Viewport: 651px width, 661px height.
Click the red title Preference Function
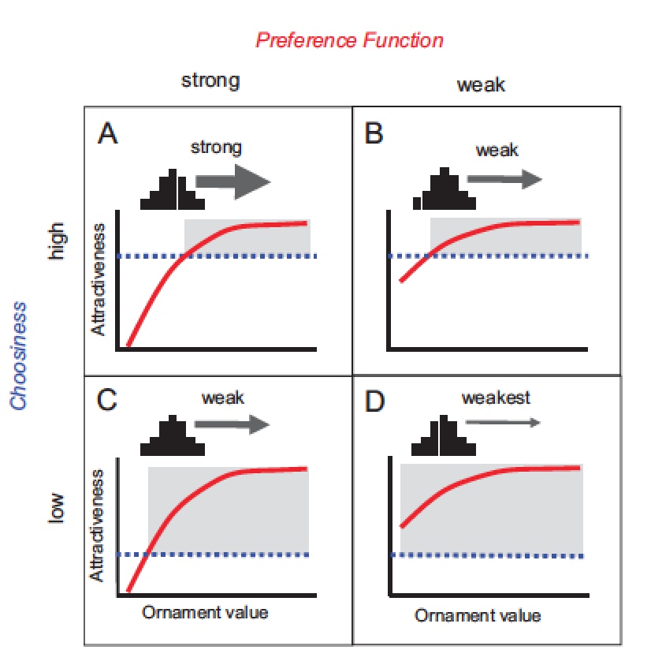(349, 40)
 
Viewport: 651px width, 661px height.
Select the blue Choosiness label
(19, 356)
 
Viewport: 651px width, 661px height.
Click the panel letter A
(108, 133)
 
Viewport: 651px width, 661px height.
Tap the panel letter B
(374, 133)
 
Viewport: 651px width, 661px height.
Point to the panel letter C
(106, 400)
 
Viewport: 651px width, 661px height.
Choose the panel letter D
(374, 401)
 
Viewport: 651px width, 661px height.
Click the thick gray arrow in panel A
(232, 181)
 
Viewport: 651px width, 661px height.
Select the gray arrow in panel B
(504, 179)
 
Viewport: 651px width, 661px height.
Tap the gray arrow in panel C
(232, 424)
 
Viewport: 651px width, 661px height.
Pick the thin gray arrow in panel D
(503, 422)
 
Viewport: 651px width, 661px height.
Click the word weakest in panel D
(496, 398)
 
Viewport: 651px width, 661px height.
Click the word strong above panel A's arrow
(216, 148)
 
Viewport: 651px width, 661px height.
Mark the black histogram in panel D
(444, 436)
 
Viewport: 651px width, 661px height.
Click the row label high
(57, 241)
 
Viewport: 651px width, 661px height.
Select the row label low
(56, 508)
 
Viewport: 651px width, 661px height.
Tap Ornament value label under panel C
(205, 613)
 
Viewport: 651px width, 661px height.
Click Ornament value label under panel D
(478, 616)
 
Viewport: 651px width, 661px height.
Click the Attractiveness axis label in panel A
(98, 279)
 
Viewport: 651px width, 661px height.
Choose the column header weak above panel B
(481, 84)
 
